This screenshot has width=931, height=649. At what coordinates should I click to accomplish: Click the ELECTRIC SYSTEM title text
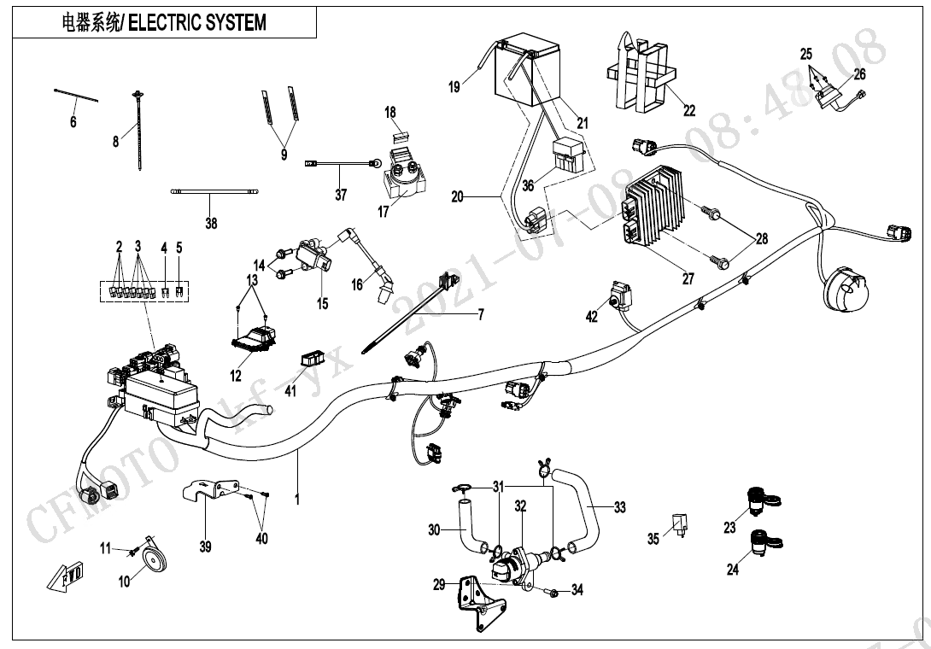tap(196, 23)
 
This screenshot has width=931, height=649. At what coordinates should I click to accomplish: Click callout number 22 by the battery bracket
tap(689, 110)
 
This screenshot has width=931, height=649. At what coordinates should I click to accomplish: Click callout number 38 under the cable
tap(211, 224)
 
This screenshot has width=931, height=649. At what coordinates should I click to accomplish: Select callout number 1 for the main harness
tap(297, 498)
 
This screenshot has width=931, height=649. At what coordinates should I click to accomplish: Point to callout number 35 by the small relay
tap(653, 539)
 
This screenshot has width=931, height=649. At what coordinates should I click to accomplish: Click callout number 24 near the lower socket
tap(733, 570)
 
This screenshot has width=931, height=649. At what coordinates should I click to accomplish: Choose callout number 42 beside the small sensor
tap(592, 317)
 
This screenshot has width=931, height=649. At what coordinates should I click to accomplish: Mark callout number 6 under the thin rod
tap(73, 123)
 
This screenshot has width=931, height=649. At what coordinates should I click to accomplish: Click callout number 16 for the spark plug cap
tap(356, 284)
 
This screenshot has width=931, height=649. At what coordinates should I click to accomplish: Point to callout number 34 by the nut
tap(577, 589)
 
